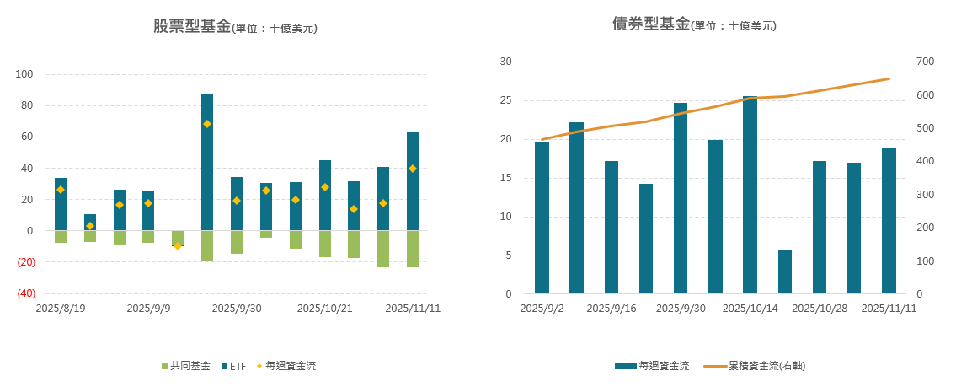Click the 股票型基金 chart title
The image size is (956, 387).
pos(192,26)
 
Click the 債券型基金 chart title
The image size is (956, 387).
pos(651,24)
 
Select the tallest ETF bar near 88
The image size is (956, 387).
pos(207,160)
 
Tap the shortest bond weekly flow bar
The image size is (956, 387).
pos(785,271)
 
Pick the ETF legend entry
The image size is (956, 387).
pos(233,366)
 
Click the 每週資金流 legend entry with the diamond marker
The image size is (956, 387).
pos(286,366)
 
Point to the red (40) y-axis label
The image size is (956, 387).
pos(25,293)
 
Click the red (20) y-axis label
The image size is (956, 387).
pos(25,262)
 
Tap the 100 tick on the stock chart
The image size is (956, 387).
pos(24,74)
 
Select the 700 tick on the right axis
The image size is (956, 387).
pos(926,62)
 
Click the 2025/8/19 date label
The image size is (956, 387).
pos(60,309)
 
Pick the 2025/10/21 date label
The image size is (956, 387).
pos(324,309)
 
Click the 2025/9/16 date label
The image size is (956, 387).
pos(611,309)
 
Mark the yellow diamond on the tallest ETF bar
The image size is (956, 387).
pos(207,124)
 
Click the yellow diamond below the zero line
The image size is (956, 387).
pos(178,245)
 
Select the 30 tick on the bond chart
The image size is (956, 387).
pos(506,62)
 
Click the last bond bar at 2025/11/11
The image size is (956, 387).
pos(889,221)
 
